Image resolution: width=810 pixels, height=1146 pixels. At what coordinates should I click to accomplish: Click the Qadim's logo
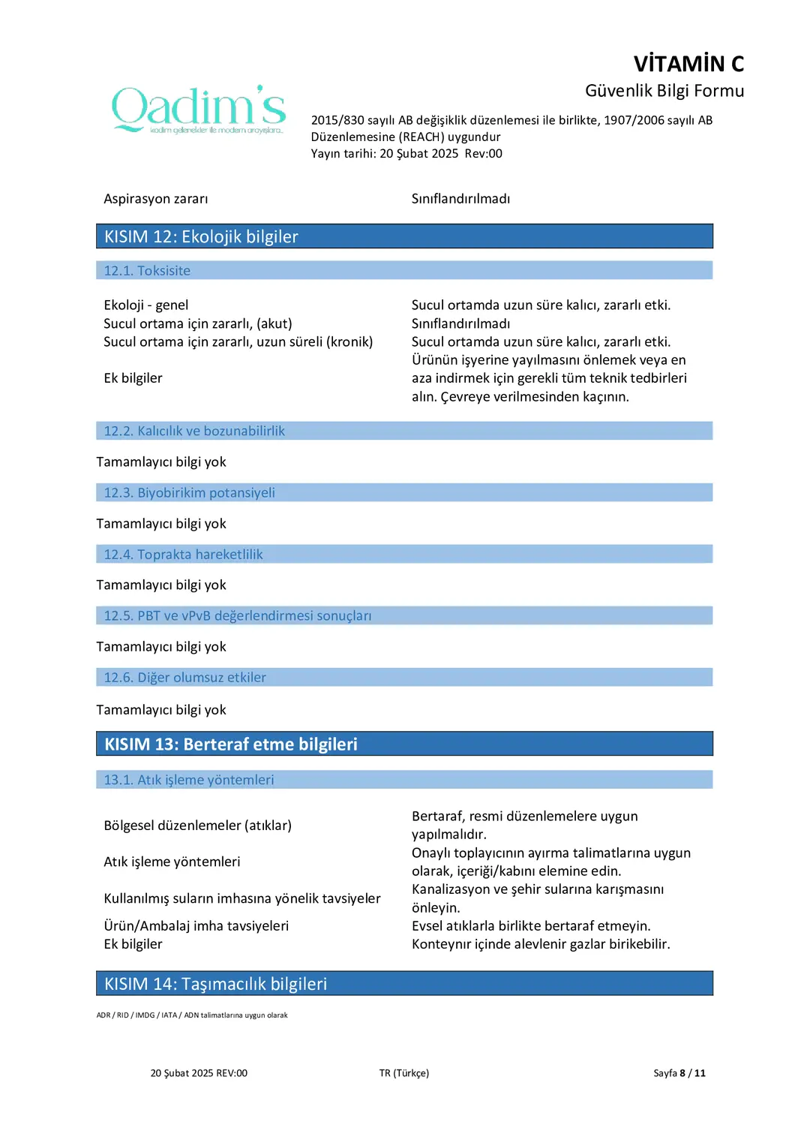199,110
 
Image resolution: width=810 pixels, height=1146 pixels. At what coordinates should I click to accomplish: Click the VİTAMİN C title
688,64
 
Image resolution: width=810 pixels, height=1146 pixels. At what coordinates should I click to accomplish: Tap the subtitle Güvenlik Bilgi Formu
664,91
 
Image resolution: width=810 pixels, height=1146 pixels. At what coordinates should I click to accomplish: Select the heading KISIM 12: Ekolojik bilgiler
201,236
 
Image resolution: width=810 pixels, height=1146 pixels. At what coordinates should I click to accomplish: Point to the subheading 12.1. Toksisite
147,271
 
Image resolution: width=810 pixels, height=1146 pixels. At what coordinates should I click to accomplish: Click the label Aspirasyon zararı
156,199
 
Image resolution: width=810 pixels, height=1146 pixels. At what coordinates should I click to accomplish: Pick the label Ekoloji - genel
146,305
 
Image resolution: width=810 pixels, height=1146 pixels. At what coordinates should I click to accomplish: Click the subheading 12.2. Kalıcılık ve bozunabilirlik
194,431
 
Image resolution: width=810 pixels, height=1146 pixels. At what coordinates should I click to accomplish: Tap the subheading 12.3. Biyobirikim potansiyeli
190,492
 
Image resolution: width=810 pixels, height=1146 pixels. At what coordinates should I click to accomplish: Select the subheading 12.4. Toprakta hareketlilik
184,554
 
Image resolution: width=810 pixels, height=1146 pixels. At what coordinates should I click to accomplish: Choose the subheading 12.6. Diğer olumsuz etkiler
185,677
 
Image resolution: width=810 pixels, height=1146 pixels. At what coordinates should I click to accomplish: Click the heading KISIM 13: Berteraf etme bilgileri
231,744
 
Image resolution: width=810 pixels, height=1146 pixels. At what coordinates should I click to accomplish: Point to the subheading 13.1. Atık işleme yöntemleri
189,780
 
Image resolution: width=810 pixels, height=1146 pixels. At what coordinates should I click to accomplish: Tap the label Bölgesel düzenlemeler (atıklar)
198,826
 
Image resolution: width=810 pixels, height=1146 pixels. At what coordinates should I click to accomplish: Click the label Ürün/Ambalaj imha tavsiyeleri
196,925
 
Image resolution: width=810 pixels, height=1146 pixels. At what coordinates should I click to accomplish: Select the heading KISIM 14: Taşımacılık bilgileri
216,984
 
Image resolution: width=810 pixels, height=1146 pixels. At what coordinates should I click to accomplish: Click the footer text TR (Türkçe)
404,1073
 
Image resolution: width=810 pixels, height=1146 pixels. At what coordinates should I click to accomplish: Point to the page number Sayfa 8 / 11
679,1073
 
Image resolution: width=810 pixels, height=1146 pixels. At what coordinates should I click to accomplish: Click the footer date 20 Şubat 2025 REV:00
199,1073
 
